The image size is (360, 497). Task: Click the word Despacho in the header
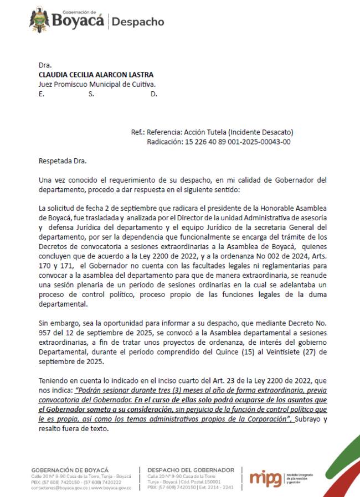[138, 22]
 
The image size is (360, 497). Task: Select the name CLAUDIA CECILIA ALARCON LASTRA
[96, 75]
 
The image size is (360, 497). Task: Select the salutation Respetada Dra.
[63, 161]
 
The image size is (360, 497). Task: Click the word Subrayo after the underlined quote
[310, 419]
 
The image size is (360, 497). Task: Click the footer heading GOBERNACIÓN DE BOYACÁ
[70, 470]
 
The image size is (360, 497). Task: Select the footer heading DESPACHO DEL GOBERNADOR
[191, 470]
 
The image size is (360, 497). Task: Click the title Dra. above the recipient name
[45, 65]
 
